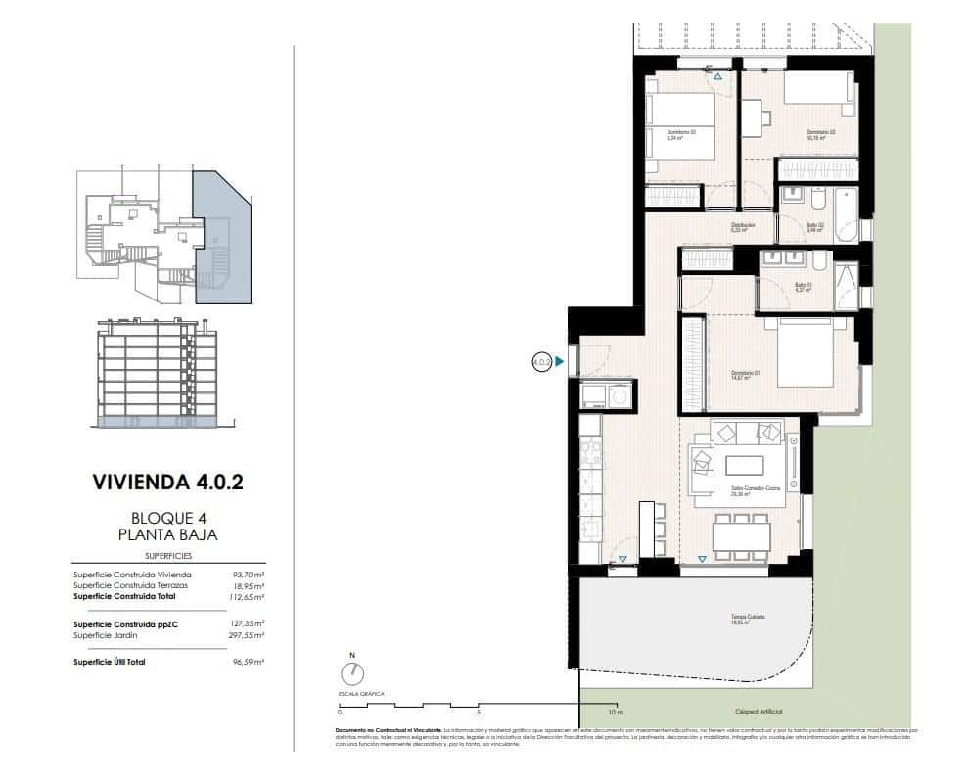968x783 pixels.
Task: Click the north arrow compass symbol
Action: (x=352, y=673)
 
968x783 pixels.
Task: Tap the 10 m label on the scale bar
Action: (x=615, y=713)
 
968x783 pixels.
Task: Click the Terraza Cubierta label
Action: (x=747, y=618)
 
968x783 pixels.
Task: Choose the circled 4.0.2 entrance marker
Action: (x=541, y=361)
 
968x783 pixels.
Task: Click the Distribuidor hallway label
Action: (x=744, y=225)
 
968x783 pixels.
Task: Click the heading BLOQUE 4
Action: (x=166, y=518)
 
